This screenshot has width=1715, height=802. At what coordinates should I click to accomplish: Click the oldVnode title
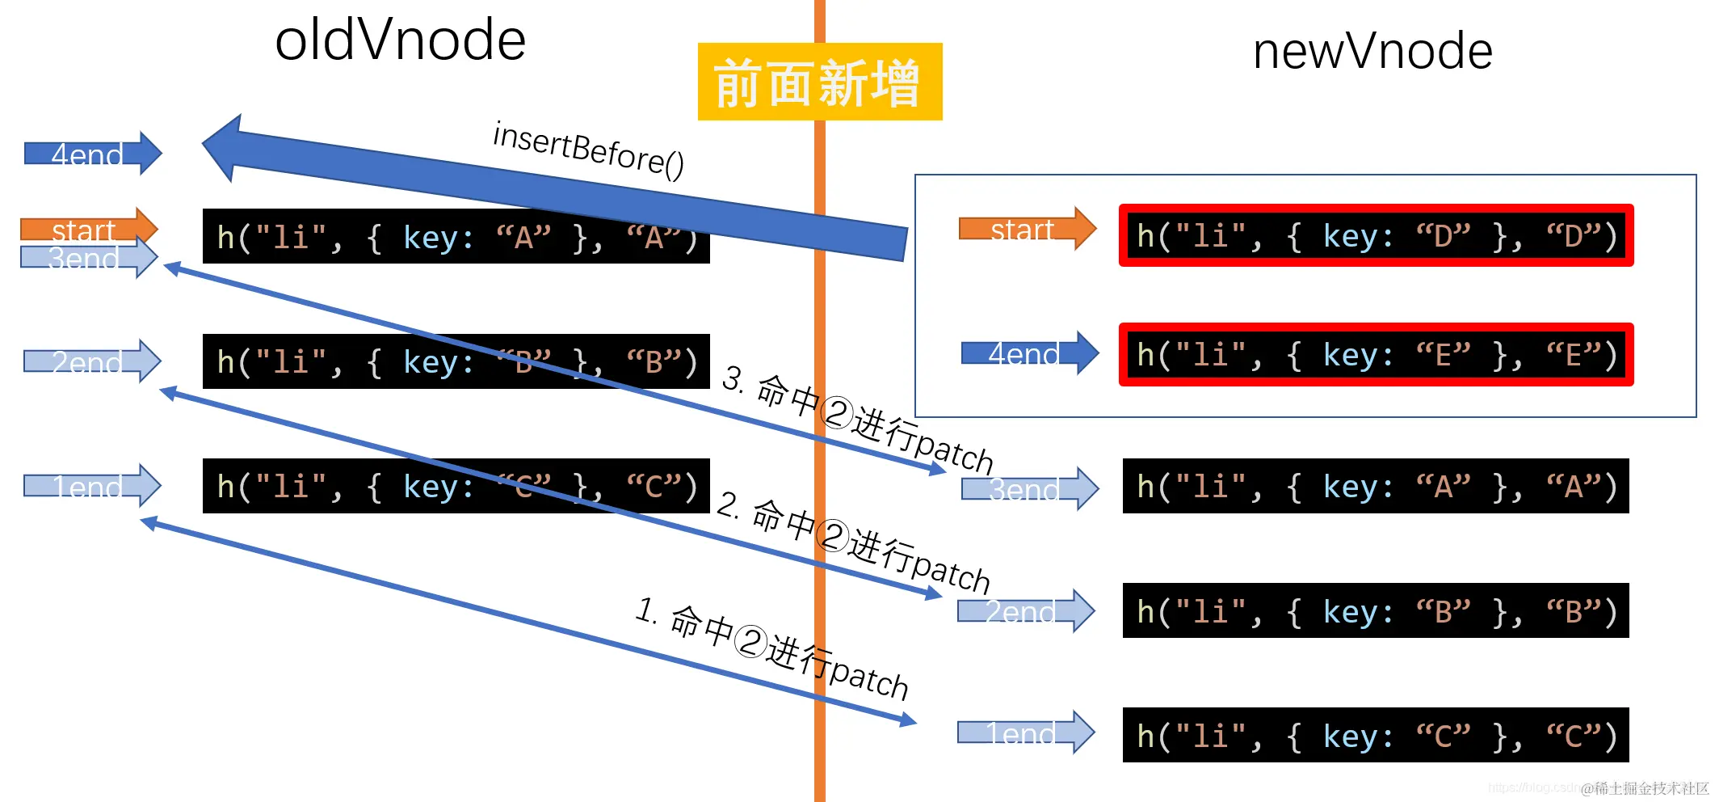[x=400, y=40]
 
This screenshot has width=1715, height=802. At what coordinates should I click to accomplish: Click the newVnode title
[x=1372, y=52]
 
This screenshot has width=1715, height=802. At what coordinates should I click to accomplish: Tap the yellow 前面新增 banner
[x=819, y=82]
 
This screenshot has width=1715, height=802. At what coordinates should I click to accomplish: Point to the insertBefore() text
[x=588, y=149]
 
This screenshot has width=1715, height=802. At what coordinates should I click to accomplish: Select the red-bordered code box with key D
[x=1376, y=236]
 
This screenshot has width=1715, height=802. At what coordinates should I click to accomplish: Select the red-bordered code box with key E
[x=1376, y=355]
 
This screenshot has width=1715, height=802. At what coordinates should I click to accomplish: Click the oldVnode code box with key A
[x=456, y=237]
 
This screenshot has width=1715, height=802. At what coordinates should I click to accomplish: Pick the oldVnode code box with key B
[x=456, y=361]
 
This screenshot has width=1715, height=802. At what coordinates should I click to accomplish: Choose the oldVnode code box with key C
[x=456, y=486]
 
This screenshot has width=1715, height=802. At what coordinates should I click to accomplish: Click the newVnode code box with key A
[x=1375, y=486]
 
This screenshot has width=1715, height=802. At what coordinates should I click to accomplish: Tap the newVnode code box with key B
[x=1375, y=611]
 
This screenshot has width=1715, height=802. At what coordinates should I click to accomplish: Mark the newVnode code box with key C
[x=1375, y=736]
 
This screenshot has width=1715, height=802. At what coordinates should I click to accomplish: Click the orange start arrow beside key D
[x=1027, y=229]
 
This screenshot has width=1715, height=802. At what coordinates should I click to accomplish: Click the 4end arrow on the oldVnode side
[x=92, y=153]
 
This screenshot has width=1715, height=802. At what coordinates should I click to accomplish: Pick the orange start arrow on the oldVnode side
[x=87, y=227]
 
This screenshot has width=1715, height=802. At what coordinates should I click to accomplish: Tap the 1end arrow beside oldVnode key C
[x=91, y=486]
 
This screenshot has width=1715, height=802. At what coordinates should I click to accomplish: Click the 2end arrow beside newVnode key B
[x=1025, y=611]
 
